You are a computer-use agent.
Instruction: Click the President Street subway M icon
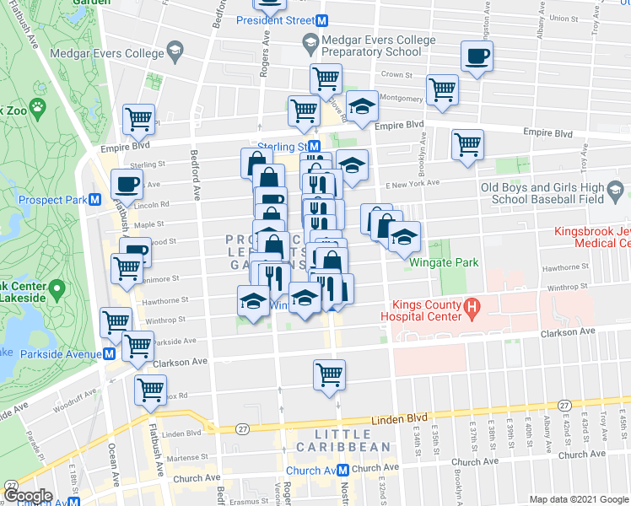click(x=322, y=20)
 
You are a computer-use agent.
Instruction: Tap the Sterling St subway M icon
click(x=313, y=146)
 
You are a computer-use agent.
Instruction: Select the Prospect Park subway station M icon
click(x=95, y=201)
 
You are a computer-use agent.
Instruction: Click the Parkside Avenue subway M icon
click(x=109, y=354)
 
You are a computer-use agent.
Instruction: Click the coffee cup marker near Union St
click(x=476, y=57)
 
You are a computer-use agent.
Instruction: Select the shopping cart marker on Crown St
click(x=326, y=79)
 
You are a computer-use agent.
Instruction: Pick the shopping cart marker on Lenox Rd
click(x=151, y=390)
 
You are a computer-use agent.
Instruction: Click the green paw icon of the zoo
click(x=38, y=107)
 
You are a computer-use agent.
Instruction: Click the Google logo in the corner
click(x=29, y=496)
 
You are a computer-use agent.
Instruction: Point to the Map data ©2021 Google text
click(x=578, y=499)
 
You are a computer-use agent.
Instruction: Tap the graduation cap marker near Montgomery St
click(x=362, y=106)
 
